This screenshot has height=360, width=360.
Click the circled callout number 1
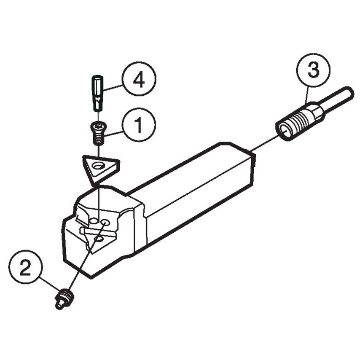pos(139,124)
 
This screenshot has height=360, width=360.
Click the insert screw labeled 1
pos(98,133)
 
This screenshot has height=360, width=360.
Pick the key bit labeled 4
pos(97,93)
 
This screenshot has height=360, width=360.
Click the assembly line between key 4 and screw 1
pos(98,116)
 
